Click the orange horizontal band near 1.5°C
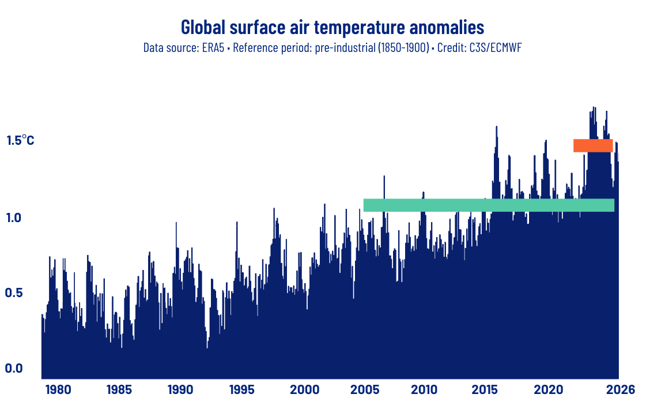coord(592,145)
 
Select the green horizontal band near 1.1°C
coord(488,205)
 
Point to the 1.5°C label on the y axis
coord(20,140)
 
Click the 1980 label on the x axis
coord(58,390)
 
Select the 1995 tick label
coord(241,390)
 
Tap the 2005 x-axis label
coord(364,390)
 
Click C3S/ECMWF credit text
coord(495,48)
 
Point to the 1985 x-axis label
coord(119,390)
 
